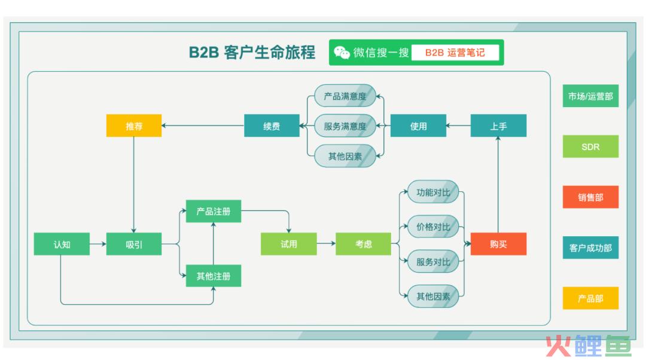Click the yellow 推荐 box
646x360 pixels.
tap(134, 126)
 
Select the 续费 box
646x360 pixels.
tap(272, 126)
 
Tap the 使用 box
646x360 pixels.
tap(418, 126)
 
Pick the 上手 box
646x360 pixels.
tap(498, 126)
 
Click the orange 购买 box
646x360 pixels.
tap(498, 244)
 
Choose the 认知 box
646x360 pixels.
tap(62, 244)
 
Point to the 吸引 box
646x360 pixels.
tap(134, 244)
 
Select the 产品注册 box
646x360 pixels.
tap(214, 211)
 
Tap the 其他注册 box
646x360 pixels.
tap(214, 276)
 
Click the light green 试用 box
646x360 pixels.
tap(289, 244)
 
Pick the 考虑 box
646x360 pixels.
tap(364, 244)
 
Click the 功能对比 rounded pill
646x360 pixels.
tap(433, 192)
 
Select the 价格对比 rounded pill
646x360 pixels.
tap(433, 227)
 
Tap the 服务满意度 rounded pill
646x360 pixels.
tap(345, 126)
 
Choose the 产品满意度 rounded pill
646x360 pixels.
tap(345, 96)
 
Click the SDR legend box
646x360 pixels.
tap(590, 147)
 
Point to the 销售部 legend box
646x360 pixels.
tap(590, 197)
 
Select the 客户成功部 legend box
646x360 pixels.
tap(590, 248)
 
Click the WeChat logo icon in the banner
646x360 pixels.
tap(342, 52)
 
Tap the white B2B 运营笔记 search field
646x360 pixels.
tap(455, 52)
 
